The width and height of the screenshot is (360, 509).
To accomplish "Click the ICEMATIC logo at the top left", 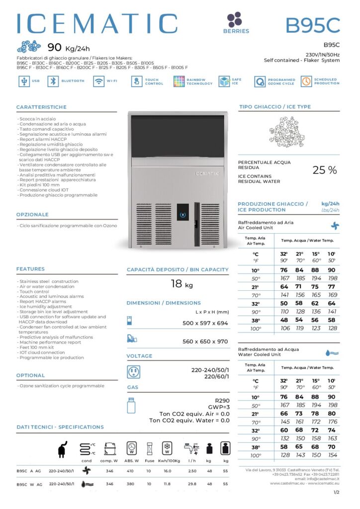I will pos(97,23).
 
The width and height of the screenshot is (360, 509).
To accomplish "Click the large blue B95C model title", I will pos(312,24).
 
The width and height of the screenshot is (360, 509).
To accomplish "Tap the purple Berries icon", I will pos(234,20).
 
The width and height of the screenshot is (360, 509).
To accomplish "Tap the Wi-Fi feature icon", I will pos(98,82).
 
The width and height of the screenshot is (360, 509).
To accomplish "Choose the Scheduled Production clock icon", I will pos(306,82).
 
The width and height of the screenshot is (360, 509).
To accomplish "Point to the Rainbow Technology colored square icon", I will pos(179,82).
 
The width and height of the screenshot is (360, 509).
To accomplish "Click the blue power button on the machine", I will pos(182,215).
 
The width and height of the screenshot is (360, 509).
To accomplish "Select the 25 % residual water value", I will pos(324,170).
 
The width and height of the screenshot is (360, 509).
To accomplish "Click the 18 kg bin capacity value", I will pos(181,285).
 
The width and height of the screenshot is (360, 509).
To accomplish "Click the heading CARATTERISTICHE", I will pos(41,107).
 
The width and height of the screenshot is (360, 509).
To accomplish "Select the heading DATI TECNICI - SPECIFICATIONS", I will pos(60,427).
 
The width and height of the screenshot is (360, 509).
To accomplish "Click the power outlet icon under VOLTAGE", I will pos(133,372).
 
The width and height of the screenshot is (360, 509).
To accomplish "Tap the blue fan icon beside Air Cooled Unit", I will pos(335,225).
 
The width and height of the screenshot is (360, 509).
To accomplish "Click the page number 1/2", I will pos(336,492).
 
